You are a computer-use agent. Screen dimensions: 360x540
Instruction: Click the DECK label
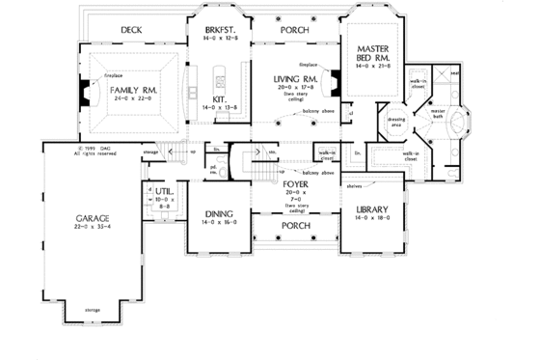(133, 31)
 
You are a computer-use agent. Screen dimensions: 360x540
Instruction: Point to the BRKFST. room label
(221, 30)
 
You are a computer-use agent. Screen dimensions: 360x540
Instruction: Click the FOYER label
(295, 182)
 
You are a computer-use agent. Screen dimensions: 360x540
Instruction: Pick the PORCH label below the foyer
(295, 227)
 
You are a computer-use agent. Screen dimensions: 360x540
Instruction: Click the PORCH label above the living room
(294, 30)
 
